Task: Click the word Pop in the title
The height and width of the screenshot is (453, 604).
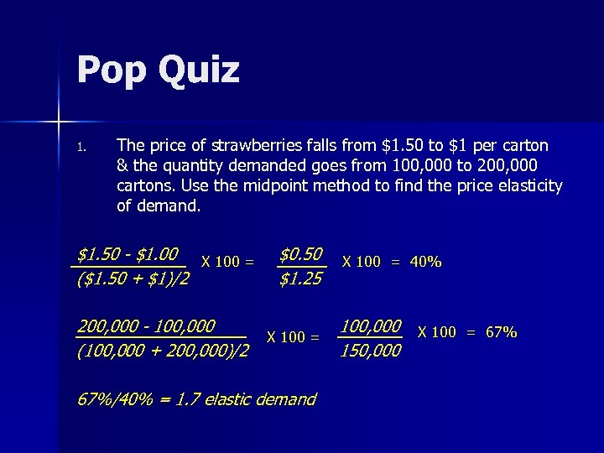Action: (x=112, y=70)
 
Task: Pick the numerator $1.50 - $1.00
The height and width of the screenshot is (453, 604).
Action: (x=131, y=253)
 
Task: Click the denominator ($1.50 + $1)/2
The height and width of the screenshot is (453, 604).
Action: (x=133, y=279)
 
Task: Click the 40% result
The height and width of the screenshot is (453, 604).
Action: (x=426, y=262)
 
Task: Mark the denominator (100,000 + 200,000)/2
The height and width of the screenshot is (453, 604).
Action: (x=162, y=351)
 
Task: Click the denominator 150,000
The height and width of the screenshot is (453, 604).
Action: (x=370, y=351)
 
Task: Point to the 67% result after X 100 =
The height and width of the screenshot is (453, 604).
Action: (x=501, y=332)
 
